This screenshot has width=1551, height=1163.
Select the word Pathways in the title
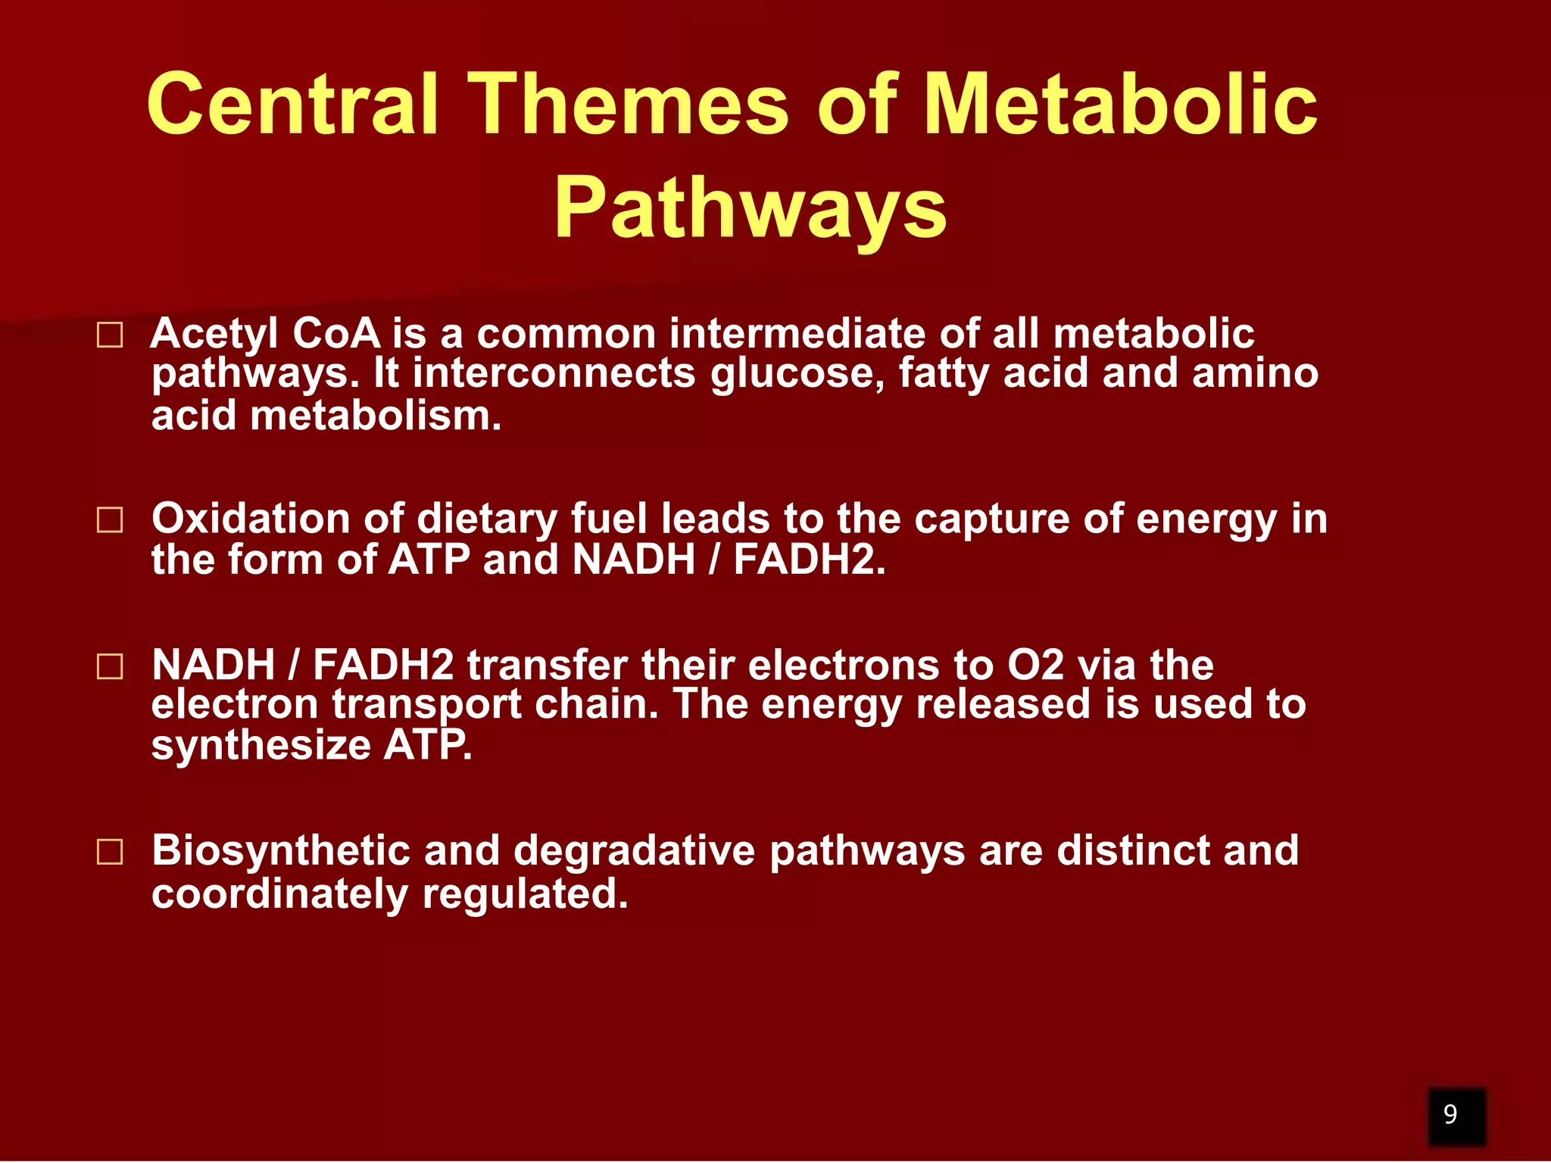coord(750,207)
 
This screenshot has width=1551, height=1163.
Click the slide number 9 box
coord(1456,1114)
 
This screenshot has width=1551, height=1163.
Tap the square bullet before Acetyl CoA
coord(110,335)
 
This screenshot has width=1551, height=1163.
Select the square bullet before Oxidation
coord(110,520)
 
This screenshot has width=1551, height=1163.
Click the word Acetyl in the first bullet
coord(214,334)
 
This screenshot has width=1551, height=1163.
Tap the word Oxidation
coord(250,519)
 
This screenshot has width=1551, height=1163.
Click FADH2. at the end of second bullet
coord(809,560)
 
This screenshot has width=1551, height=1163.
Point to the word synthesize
coord(261,745)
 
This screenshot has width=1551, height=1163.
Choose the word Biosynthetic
coord(280,851)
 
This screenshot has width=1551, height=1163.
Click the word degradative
coord(634,851)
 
